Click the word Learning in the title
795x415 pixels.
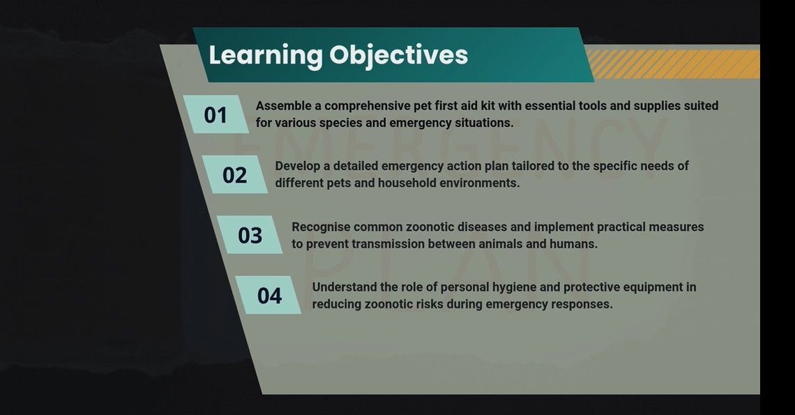coord(266,55)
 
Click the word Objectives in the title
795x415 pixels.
coord(398,55)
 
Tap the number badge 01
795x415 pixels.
coord(215,114)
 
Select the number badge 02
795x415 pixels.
coord(234,175)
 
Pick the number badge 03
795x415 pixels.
coord(250,235)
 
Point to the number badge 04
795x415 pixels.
coord(268,295)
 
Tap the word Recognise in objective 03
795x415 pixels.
coord(321,227)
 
